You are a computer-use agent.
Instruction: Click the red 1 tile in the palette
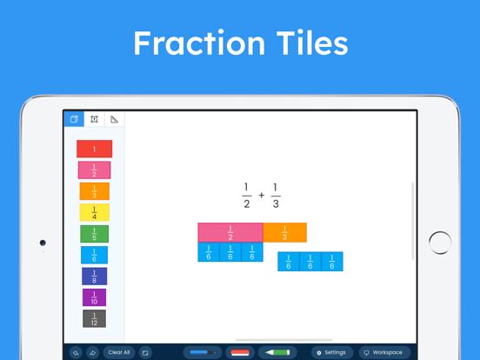[94, 149]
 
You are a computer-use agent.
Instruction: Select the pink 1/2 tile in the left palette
[94, 170]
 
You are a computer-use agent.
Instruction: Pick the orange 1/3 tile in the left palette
[94, 191]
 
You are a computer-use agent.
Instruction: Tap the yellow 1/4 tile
[94, 212]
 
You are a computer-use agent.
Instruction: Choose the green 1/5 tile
[94, 234]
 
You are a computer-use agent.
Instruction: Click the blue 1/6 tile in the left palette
[94, 255]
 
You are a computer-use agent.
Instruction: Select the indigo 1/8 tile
[94, 277]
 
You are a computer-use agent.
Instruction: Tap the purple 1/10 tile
[94, 297]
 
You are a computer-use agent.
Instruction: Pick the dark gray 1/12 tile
[94, 319]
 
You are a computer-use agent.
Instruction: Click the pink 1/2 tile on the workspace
[230, 233]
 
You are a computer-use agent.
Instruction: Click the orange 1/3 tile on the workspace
[284, 233]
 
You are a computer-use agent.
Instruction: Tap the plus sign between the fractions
[261, 196]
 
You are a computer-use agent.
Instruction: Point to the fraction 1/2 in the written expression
[247, 196]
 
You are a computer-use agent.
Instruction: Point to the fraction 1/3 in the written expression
[275, 196]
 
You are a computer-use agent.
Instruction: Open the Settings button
[331, 352]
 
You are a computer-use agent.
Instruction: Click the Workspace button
[383, 352]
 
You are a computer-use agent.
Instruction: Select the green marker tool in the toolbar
[278, 352]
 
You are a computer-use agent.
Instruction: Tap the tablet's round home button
[440, 243]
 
